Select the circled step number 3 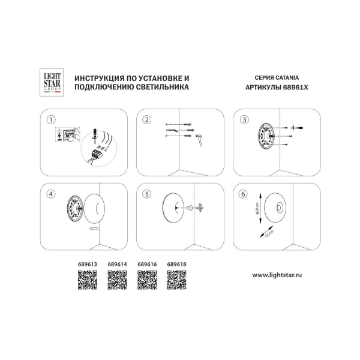tap(244, 119)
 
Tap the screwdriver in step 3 tap(296, 128)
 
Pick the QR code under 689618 tap(176, 280)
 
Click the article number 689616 tap(147, 263)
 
